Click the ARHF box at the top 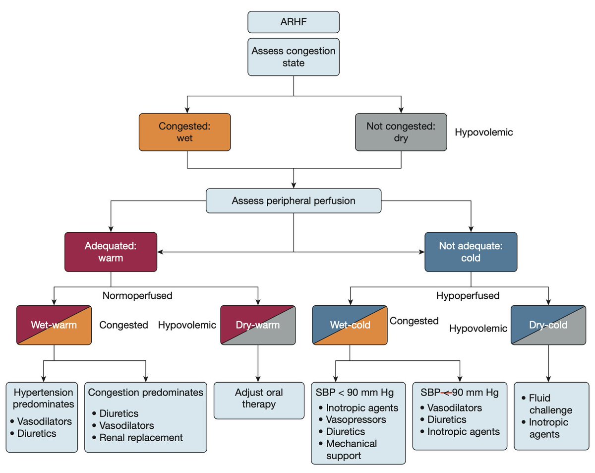[x=294, y=22]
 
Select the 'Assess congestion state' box [x=294, y=57]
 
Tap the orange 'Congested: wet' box [x=184, y=132]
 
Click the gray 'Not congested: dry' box [x=401, y=132]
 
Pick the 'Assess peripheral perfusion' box [x=294, y=201]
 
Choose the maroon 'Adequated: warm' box [x=111, y=252]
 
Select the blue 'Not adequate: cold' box [x=471, y=252]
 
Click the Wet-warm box [x=54, y=325]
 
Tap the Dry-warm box [x=258, y=325]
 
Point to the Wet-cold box [x=350, y=325]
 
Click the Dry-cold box [x=548, y=325]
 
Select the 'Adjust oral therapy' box [x=258, y=399]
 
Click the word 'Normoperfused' [x=137, y=296]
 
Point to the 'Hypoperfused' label [x=468, y=296]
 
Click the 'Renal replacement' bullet [x=141, y=437]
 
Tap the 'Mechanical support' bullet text [x=351, y=449]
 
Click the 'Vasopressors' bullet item [x=356, y=420]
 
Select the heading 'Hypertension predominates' [x=44, y=398]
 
